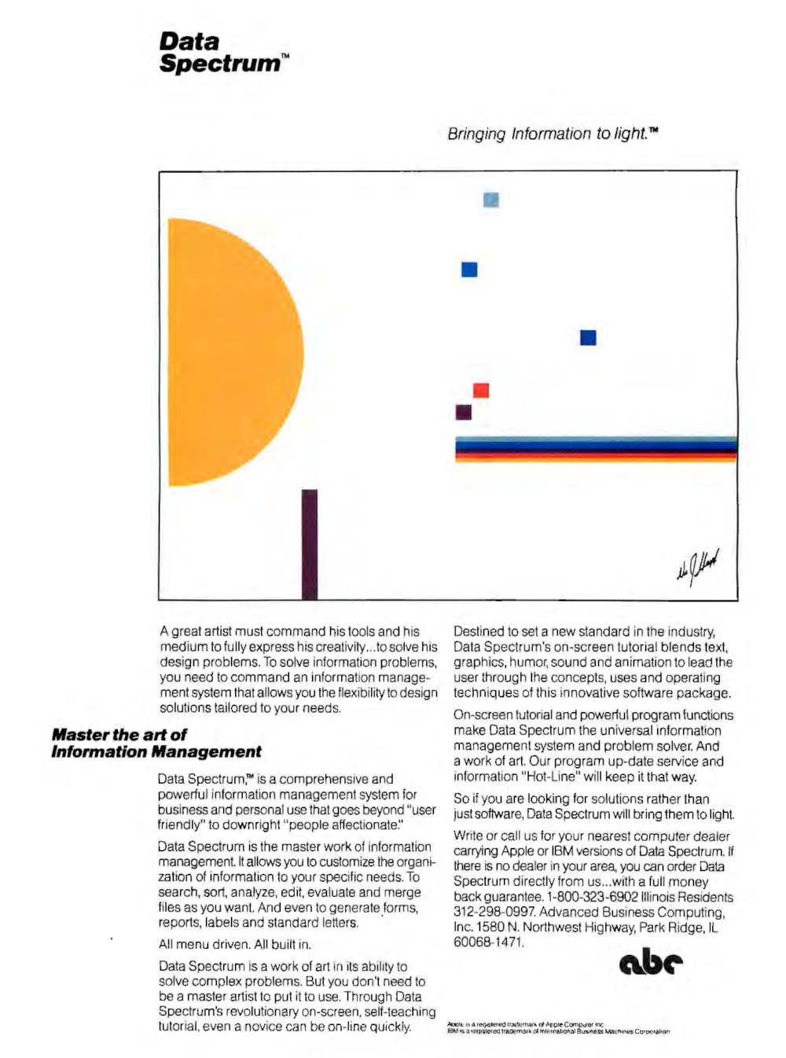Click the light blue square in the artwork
coord(491,200)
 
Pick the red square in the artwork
coord(481,391)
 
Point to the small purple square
coord(464,412)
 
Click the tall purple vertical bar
coord(310,544)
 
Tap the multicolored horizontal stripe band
coord(596,449)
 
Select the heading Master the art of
coord(119,735)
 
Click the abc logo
coord(651,962)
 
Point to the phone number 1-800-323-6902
coord(594,897)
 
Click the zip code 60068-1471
coord(487,942)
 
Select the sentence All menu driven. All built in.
coord(235,944)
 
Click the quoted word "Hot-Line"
coord(550,777)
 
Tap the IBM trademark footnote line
coord(558,1031)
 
